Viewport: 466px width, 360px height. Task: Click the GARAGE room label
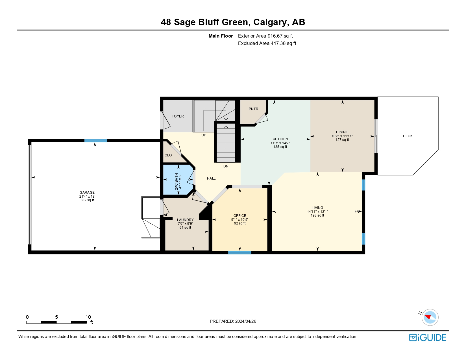pos(87,193)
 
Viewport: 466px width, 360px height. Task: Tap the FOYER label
pos(178,116)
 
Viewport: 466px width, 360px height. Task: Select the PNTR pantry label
pos(253,109)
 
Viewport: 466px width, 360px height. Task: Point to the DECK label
pos(408,136)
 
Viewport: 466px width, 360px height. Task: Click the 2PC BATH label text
pos(177,181)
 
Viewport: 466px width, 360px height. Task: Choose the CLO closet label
pos(168,155)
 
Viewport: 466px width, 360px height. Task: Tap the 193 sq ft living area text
pos(317,215)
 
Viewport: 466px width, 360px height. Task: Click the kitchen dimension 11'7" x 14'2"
pos(280,143)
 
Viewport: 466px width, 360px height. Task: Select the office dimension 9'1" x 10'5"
pos(239,220)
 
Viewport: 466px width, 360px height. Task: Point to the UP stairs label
pos(204,135)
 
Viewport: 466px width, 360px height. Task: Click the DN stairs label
pos(226,166)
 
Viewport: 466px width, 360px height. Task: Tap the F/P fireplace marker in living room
pos(357,211)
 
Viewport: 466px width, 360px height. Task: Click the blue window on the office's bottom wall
pos(239,252)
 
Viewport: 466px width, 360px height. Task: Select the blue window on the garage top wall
pos(95,141)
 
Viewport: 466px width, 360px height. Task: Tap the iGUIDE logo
pos(428,337)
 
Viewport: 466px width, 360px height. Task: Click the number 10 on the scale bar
pos(88,317)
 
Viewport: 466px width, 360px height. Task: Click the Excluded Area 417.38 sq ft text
pos(267,43)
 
